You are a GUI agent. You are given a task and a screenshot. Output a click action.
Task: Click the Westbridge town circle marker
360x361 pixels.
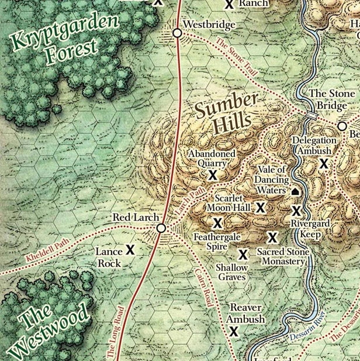coord(177,34)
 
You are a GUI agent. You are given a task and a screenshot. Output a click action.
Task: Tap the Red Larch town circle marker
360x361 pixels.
coord(161,228)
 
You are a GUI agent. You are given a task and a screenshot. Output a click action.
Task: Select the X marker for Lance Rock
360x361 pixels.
coord(130,250)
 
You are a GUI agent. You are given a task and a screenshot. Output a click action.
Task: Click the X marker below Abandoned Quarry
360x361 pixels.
coord(213,175)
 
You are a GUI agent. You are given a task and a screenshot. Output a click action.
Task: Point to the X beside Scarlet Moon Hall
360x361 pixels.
coord(260,207)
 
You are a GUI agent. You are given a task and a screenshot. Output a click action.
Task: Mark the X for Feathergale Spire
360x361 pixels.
coord(217,223)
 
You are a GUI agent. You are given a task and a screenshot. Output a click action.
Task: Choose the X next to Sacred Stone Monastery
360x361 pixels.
coord(272,237)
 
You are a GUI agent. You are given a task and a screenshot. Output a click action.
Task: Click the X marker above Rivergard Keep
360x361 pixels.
coord(296,211)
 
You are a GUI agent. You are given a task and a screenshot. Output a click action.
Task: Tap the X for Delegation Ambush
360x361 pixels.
coord(323,164)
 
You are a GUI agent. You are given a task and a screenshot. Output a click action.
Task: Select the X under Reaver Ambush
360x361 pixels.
coord(234,332)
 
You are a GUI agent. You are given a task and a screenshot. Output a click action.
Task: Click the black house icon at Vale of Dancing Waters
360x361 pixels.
coord(295,191)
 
